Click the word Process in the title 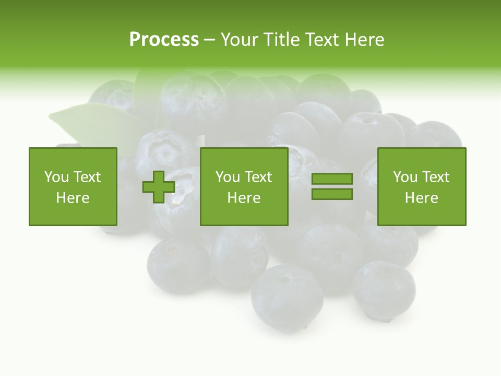click(x=164, y=40)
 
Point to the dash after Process click(x=209, y=40)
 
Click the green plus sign click(x=159, y=187)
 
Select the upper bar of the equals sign click(x=332, y=179)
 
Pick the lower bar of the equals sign click(x=332, y=194)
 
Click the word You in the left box click(x=56, y=177)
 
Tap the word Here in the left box click(x=73, y=198)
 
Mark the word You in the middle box click(x=228, y=177)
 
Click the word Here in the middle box click(x=244, y=198)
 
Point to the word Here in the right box click(x=421, y=198)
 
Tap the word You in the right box click(x=405, y=177)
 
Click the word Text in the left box click(x=87, y=177)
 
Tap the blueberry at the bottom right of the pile click(x=384, y=290)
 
